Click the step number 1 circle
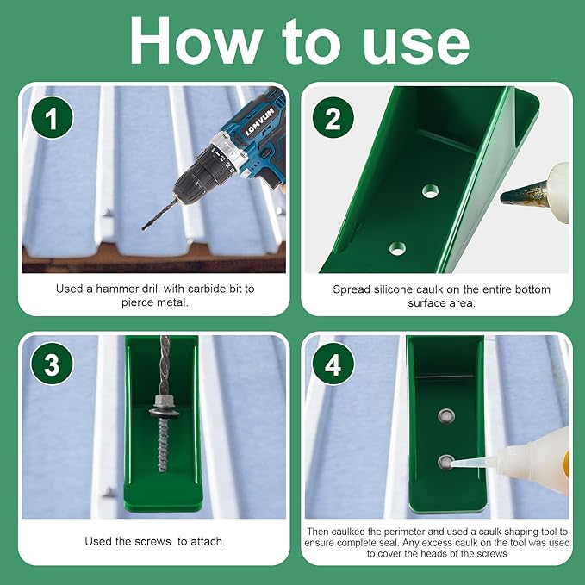[52, 118]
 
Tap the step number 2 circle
[333, 118]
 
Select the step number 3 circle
[52, 364]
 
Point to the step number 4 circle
[333, 364]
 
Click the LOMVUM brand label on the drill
[259, 121]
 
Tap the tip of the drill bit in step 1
[144, 228]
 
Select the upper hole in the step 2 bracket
[431, 190]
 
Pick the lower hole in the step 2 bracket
[397, 248]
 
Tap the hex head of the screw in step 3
[161, 402]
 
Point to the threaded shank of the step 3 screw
[163, 444]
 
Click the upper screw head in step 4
[446, 416]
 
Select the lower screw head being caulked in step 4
[445, 463]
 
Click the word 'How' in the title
[195, 41]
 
